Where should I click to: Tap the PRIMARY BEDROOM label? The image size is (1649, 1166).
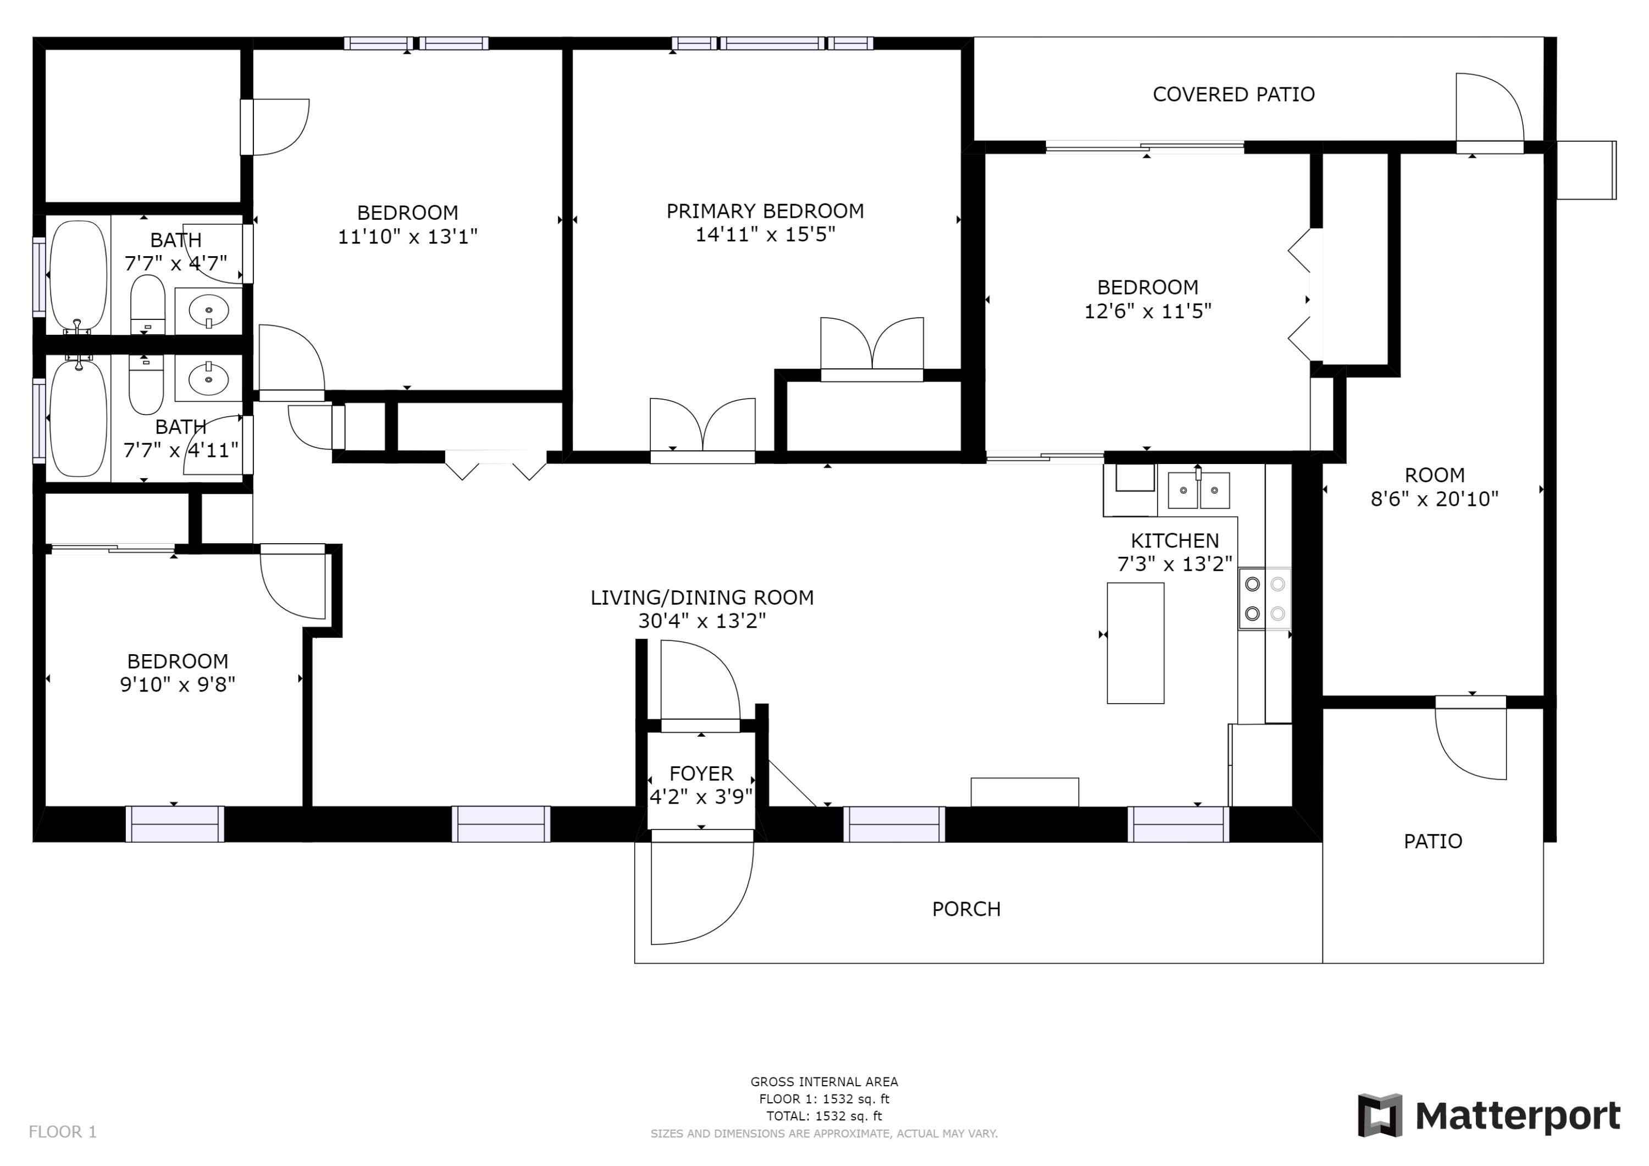click(765, 211)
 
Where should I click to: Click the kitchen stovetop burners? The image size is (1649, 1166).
click(1264, 599)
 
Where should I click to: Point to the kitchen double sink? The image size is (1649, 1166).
click(1199, 491)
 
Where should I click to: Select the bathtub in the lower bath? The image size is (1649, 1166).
click(78, 419)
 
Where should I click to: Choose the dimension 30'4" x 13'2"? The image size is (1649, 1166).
click(702, 621)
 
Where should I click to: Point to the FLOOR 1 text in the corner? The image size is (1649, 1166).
click(63, 1132)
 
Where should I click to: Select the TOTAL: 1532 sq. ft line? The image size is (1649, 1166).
click(824, 1116)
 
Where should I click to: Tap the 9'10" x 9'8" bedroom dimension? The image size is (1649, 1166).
click(178, 684)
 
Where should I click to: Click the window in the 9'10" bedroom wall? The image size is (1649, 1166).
click(175, 824)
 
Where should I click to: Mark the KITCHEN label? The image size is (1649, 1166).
click(1175, 541)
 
